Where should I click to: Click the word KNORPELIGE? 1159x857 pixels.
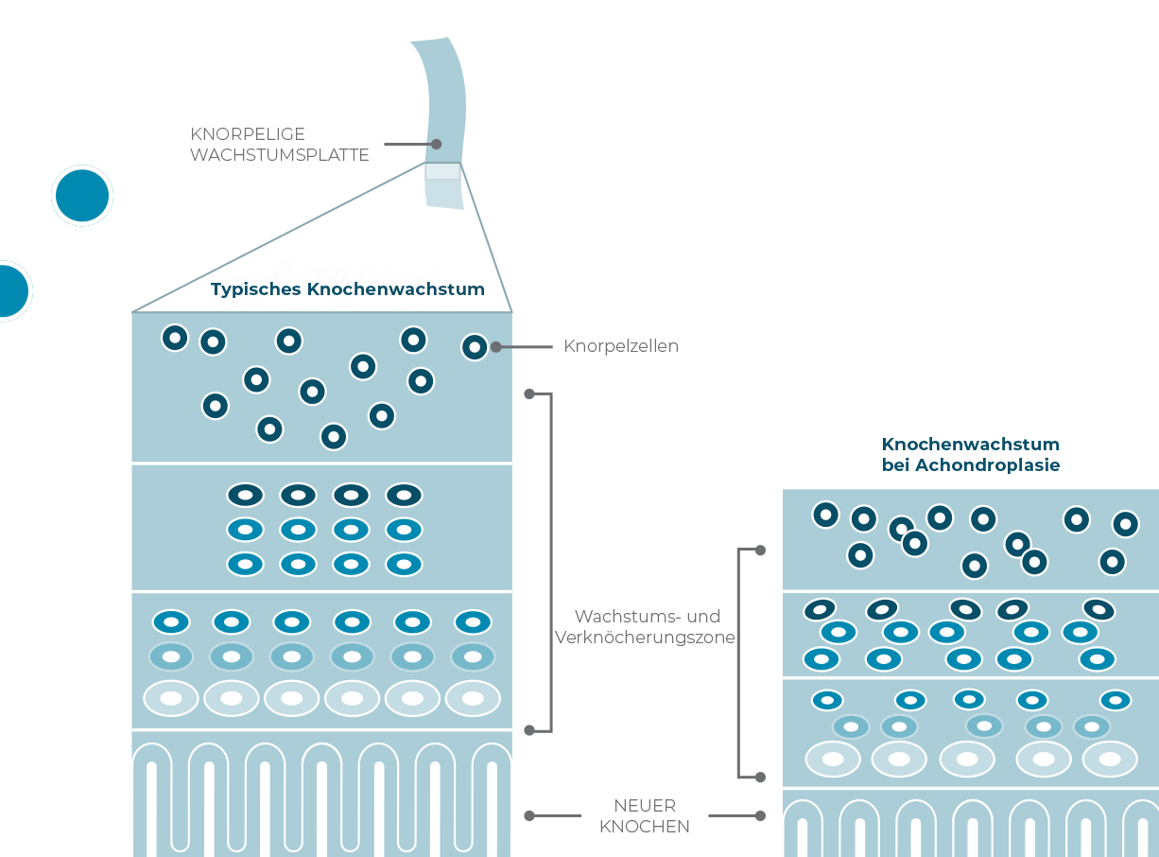[x=248, y=135]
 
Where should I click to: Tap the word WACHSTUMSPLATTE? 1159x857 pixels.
[x=280, y=155]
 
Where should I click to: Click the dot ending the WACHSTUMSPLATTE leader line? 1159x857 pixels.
[x=437, y=145]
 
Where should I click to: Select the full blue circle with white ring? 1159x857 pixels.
[x=82, y=196]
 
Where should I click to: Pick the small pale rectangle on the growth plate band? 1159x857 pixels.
[x=442, y=171]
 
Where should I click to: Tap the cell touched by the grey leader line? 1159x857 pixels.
[x=475, y=347]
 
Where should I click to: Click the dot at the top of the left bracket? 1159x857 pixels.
[x=529, y=394]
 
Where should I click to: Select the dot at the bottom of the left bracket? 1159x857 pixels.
[x=529, y=730]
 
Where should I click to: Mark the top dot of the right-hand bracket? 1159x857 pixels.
[x=760, y=550]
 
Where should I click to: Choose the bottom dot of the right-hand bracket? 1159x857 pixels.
[x=760, y=778]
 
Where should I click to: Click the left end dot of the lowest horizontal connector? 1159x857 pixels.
[x=529, y=815]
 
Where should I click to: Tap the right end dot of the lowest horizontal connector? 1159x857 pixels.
[x=760, y=815]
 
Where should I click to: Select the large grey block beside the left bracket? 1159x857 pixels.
[x=643, y=628]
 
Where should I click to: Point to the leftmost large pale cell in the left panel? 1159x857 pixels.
[x=171, y=699]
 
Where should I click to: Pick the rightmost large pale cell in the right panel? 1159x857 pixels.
[x=1110, y=759]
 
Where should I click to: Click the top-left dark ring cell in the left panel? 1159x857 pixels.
[x=175, y=338]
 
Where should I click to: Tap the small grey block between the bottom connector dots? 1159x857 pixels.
[x=643, y=812]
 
